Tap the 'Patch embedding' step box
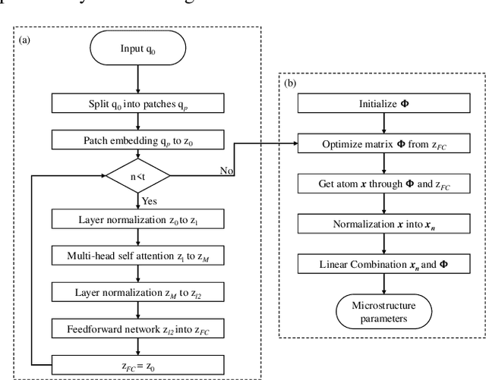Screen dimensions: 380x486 click(x=136, y=140)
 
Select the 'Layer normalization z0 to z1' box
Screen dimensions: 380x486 click(x=136, y=220)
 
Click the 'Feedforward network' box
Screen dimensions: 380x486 click(x=136, y=329)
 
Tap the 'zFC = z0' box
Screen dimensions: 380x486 click(x=136, y=365)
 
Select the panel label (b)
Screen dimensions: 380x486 click(x=290, y=83)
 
